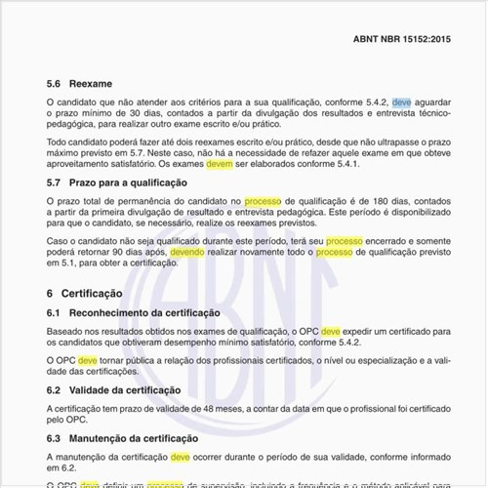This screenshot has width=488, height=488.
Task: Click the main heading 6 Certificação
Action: pos(84,293)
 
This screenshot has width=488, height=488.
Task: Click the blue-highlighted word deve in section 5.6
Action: pos(402,101)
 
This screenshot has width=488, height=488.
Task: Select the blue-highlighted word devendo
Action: pos(188,251)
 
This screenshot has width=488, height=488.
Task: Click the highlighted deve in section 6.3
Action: pos(181,456)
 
